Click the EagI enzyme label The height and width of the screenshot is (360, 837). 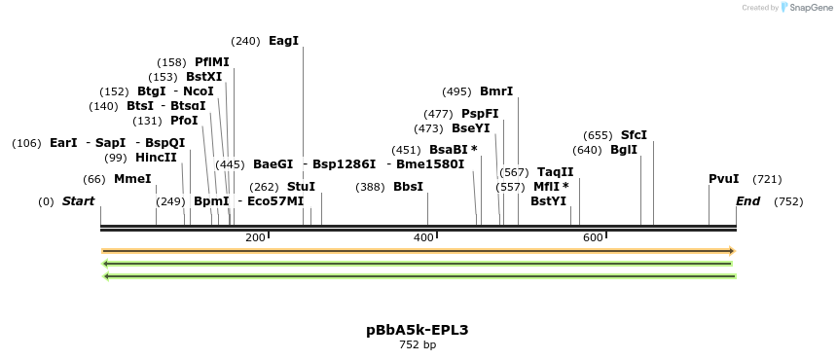[283, 41]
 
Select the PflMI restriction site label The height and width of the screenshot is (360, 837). [211, 62]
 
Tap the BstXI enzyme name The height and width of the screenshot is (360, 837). [203, 77]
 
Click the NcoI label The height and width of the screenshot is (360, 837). [199, 91]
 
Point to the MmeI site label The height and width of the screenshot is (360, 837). [132, 179]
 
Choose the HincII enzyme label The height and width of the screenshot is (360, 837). [156, 158]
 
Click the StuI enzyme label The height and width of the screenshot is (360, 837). [301, 187]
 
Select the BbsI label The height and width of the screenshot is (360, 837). [408, 187]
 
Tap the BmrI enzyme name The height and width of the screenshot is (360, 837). [496, 91]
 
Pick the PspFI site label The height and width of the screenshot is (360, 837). [480, 114]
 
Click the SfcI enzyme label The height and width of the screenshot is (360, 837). [634, 135]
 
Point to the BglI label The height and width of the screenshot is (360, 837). [624, 150]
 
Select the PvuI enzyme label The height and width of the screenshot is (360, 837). [723, 179]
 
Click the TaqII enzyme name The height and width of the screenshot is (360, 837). [555, 172]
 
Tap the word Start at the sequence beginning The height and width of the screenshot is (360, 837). [78, 201]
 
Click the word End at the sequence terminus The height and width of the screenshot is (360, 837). [747, 201]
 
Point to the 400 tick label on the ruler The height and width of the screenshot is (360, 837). [423, 237]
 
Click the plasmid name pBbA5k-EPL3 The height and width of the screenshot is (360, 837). [418, 330]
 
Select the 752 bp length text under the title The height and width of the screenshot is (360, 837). [418, 344]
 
